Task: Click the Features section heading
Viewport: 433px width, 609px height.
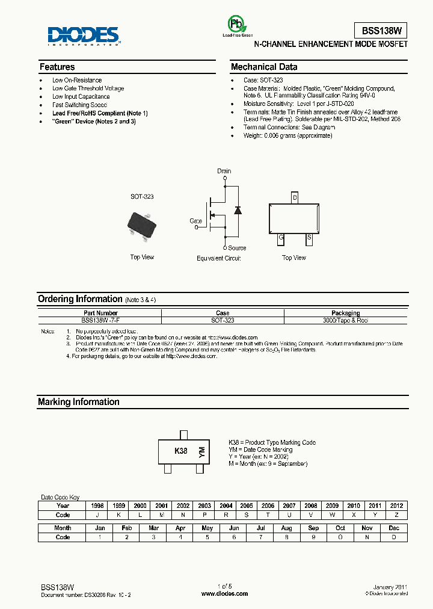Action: (x=57, y=67)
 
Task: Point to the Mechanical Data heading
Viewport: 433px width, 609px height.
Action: (x=264, y=67)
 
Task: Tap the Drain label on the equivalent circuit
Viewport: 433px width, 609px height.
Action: (x=224, y=171)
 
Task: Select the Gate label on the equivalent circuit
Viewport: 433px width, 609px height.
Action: (x=196, y=221)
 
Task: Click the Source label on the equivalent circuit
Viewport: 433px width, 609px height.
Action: (x=237, y=248)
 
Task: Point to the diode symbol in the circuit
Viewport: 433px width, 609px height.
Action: (x=238, y=210)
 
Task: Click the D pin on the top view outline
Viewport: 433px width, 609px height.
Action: (x=295, y=197)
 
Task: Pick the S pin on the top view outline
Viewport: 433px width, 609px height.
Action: (x=309, y=238)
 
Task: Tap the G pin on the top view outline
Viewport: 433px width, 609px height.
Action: (x=280, y=238)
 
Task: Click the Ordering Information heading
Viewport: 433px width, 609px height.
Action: (x=80, y=299)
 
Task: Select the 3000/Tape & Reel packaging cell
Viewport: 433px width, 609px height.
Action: (x=345, y=321)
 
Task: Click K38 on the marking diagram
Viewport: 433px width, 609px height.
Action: (x=180, y=451)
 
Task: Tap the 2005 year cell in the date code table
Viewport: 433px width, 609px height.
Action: (x=247, y=506)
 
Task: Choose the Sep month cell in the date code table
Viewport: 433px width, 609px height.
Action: (x=313, y=528)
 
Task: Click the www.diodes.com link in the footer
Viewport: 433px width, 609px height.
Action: (x=224, y=593)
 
